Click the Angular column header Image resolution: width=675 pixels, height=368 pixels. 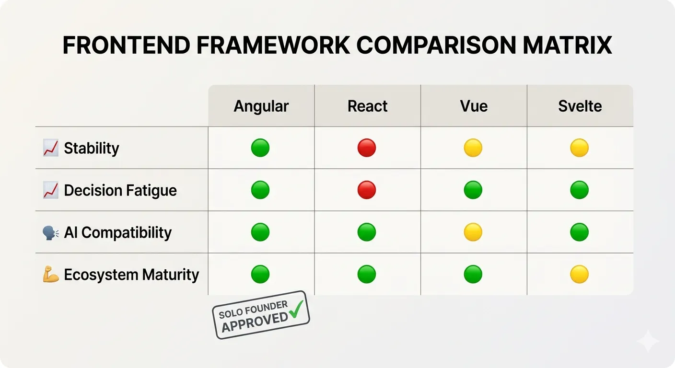261,106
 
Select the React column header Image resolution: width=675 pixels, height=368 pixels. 367,106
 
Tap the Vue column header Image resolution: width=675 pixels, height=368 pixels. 474,106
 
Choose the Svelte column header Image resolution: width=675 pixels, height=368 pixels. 580,106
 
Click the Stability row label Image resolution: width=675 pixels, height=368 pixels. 91,148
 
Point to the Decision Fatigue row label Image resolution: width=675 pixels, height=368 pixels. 120,190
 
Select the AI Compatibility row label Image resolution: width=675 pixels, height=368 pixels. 117,232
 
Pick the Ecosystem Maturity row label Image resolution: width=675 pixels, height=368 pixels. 131,275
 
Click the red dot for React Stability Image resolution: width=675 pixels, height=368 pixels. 367,148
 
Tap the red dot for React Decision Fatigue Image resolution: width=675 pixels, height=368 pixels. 367,190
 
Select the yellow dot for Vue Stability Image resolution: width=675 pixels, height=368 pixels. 473,148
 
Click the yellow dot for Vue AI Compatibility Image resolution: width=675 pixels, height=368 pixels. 473,232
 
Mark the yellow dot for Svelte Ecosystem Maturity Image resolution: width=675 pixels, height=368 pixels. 579,275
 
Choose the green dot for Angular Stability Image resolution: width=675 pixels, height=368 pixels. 260,148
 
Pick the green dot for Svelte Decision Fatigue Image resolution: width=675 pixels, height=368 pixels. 579,190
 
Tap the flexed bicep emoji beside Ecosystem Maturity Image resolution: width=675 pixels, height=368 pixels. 51,275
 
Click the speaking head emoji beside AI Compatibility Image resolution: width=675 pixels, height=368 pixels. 51,233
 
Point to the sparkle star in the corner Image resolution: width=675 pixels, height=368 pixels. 648,341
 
